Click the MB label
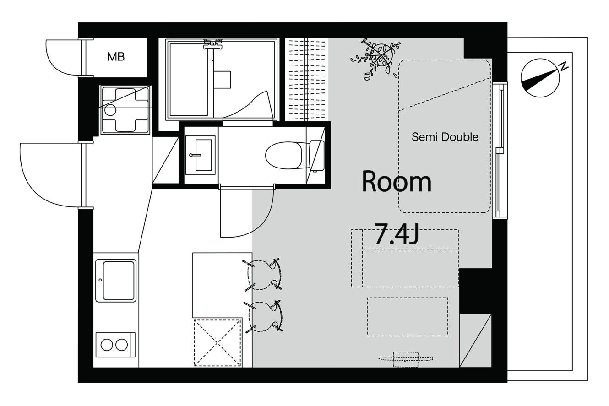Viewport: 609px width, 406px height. tap(116, 56)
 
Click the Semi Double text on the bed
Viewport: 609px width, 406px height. tap(445, 137)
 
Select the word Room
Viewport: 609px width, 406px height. tap(397, 182)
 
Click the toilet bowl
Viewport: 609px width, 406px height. tap(283, 155)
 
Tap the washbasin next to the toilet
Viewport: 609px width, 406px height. tap(201, 155)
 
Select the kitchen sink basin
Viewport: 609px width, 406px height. tap(116, 281)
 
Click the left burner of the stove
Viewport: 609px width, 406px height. tap(107, 345)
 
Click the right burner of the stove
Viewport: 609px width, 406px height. tap(121, 345)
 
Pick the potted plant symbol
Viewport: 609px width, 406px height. tap(376, 59)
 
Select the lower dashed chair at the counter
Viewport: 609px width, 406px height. tap(264, 317)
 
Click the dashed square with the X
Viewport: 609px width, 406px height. tap(217, 343)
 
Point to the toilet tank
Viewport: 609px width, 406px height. tap(317, 156)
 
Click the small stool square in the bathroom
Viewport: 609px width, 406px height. tap(222, 80)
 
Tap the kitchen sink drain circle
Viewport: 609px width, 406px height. tap(100, 280)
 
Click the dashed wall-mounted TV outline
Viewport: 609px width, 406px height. tap(406, 359)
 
